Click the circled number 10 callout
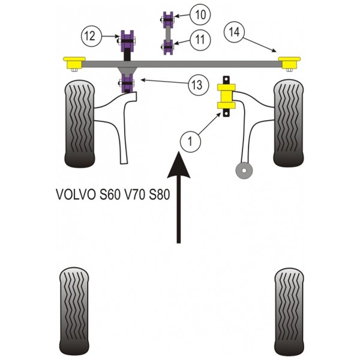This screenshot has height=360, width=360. point(200,15)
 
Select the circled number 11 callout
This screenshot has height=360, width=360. point(200,40)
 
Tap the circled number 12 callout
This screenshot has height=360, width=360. point(91,36)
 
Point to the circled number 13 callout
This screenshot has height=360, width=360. point(199,85)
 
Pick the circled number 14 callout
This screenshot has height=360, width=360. point(234,32)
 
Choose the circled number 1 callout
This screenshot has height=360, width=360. point(191,141)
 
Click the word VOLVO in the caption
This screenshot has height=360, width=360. point(76,194)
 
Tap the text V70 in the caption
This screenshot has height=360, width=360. point(134,194)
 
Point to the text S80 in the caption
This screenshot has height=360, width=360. point(160,194)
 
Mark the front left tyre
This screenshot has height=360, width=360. point(80,124)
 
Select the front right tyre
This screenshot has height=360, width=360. point(289,123)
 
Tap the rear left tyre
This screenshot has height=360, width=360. point(74,311)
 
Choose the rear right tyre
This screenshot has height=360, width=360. point(289,311)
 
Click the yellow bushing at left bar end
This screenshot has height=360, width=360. point(74,62)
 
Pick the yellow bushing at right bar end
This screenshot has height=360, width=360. point(289,62)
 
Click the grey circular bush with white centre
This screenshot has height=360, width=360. point(244,171)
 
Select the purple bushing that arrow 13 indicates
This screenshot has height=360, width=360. point(127,83)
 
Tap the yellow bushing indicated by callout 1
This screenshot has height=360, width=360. point(226,97)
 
